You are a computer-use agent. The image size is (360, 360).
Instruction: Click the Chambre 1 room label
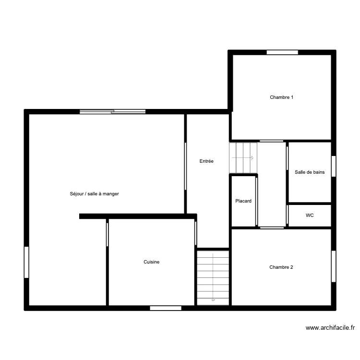281,97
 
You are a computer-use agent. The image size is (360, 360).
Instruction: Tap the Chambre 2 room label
281,267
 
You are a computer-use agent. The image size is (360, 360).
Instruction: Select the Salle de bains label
310,172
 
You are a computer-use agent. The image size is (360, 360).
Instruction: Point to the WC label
310,216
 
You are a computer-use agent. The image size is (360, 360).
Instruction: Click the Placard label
243,201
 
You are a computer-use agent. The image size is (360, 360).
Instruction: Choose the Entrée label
206,161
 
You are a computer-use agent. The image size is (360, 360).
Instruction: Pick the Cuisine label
152,262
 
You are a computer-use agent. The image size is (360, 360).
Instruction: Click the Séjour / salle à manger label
95,194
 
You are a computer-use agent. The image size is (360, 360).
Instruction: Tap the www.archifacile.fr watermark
330,328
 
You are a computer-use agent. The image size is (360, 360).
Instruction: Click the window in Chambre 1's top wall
282,52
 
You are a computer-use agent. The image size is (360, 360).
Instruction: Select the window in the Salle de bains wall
334,166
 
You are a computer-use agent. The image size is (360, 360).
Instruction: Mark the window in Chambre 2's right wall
334,266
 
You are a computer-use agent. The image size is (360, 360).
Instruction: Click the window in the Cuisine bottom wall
166,308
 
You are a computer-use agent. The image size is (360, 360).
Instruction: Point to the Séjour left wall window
26,262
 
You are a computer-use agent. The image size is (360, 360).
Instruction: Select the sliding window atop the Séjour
112,112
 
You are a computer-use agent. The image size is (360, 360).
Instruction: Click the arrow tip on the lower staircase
213,300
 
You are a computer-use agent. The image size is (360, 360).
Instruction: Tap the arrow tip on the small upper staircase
253,158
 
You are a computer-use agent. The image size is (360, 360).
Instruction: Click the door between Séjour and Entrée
185,167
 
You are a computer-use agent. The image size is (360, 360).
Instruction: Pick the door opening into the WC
287,215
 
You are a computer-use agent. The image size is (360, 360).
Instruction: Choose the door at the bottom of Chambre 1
272,141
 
